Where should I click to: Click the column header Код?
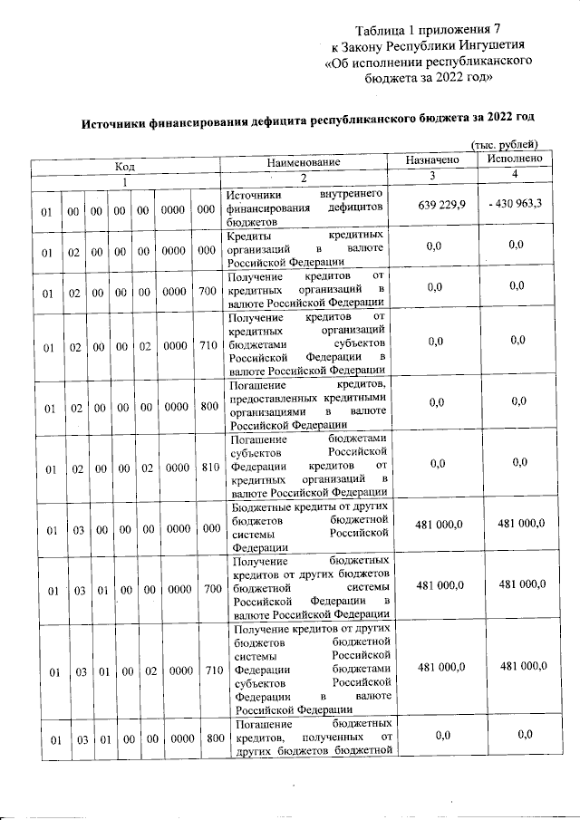point(124,166)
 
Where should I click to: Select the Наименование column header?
point(304,162)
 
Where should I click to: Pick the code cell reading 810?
point(209,469)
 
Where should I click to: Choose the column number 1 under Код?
point(124,180)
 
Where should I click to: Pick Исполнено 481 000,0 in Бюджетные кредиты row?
point(517,524)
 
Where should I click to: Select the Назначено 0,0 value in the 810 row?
point(436,464)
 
